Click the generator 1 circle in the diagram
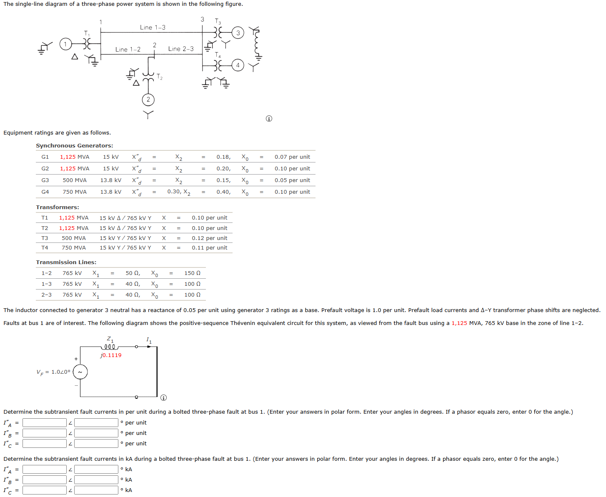[x=65, y=44]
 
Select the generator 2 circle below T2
[x=148, y=100]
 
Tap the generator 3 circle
[x=238, y=33]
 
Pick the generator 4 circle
[x=238, y=65]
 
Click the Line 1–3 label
[x=153, y=27]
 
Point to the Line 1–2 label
[x=128, y=50]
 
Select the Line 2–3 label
[x=181, y=49]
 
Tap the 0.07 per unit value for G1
[x=292, y=157]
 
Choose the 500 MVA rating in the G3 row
[x=75, y=180]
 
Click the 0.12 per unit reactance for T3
[x=210, y=238]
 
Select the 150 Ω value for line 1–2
[x=192, y=273]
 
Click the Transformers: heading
[x=58, y=207]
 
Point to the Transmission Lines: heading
[x=66, y=262]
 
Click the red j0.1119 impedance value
[x=111, y=355]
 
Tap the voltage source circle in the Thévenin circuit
[x=80, y=372]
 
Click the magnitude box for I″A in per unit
[x=45, y=423]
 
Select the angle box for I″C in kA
[x=96, y=490]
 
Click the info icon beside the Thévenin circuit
[x=164, y=397]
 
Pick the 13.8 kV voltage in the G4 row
[x=111, y=192]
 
